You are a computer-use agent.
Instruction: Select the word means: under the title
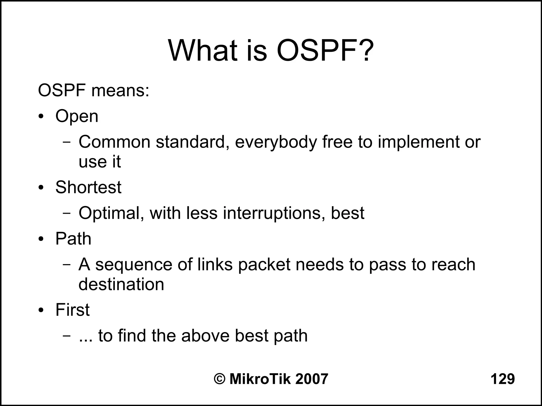coord(120,91)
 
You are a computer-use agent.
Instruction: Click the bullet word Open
coord(77,116)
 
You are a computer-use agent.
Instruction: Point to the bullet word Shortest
coord(88,187)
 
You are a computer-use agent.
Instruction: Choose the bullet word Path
coord(73,239)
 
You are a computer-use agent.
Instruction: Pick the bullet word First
coord(73,310)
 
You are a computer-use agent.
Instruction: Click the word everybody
coord(276,142)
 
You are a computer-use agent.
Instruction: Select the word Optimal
coord(111,213)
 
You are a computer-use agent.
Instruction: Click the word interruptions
coord(274,213)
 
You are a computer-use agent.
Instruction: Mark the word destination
coord(121,284)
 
